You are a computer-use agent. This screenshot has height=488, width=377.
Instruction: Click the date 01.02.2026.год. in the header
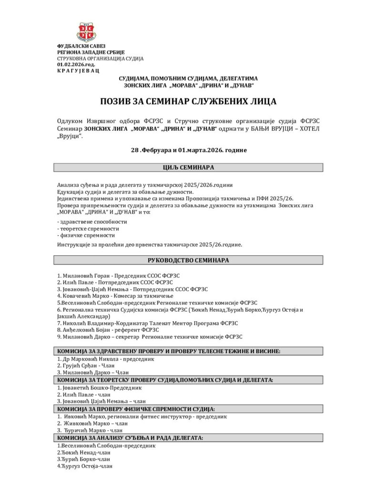click(76, 64)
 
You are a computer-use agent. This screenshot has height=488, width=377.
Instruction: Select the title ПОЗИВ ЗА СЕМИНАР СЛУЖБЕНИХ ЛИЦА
click(188, 101)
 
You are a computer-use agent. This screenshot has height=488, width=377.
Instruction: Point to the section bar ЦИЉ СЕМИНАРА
click(188, 168)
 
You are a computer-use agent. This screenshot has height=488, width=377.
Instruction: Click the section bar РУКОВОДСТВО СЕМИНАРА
click(188, 260)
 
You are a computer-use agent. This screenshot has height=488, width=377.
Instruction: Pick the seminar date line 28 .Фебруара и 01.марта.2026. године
click(188, 150)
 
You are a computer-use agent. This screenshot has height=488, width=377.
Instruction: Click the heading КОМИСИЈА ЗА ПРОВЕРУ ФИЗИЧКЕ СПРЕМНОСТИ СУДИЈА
click(136, 409)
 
